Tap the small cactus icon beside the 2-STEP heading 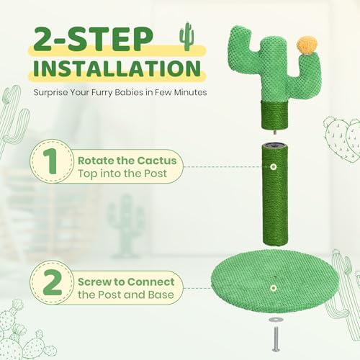[186, 36]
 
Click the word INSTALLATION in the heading [114, 70]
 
